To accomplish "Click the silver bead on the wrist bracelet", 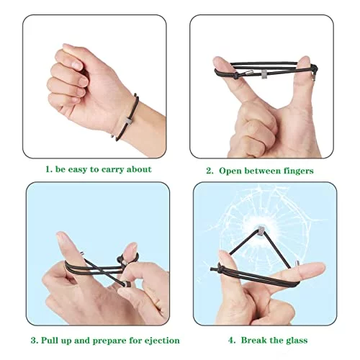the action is click(x=129, y=122).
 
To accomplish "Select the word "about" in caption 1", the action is click(x=139, y=169).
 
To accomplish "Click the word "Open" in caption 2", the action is click(x=230, y=171).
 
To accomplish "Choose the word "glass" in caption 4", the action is click(x=296, y=341).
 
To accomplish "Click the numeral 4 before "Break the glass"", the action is click(x=231, y=341).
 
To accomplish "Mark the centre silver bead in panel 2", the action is click(x=264, y=74).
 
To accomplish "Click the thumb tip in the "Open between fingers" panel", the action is click(x=305, y=60).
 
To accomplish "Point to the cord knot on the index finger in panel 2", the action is click(x=236, y=76).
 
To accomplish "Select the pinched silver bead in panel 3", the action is click(x=128, y=284).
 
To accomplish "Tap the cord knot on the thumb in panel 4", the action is click(x=220, y=268).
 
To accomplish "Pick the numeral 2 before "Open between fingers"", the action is click(x=209, y=171).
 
